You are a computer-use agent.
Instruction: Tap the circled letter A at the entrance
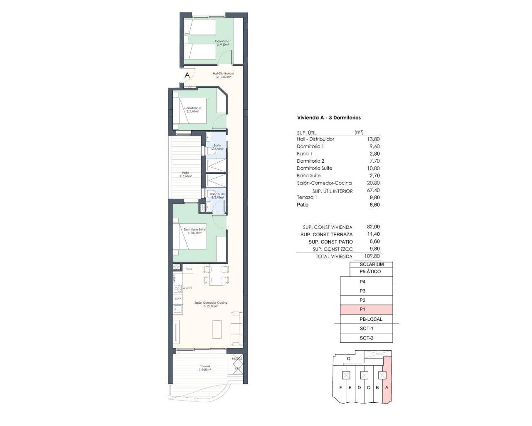click(187, 75)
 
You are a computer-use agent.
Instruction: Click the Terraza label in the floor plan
click(204, 367)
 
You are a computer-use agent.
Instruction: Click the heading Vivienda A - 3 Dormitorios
click(329, 118)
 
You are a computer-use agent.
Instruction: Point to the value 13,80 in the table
click(374, 139)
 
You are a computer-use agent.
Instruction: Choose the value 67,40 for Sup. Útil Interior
click(374, 191)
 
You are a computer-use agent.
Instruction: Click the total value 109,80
click(372, 257)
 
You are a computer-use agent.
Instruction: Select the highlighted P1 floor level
click(366, 310)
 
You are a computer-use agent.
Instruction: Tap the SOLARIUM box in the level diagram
click(372, 265)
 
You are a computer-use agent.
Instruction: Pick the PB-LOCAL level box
click(371, 319)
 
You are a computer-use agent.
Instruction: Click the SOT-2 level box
click(366, 338)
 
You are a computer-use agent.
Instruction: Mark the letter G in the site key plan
click(349, 359)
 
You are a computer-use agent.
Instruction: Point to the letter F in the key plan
click(341, 388)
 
